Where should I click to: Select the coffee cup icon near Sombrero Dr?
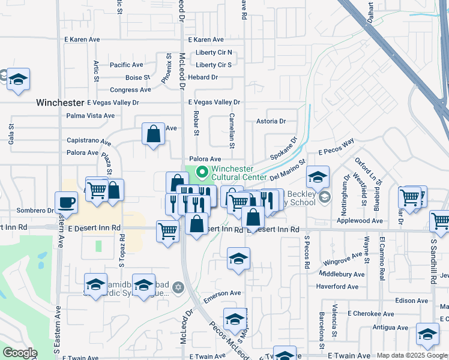[66, 203]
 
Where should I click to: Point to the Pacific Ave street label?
[126, 65]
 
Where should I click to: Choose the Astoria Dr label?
[271, 121]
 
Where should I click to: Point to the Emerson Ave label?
[222, 293]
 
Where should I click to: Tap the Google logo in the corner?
[20, 353]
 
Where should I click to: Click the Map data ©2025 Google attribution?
[412, 356]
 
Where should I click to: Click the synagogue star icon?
[177, 289]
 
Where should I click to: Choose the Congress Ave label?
[131, 90]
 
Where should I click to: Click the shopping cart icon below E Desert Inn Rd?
[167, 230]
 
